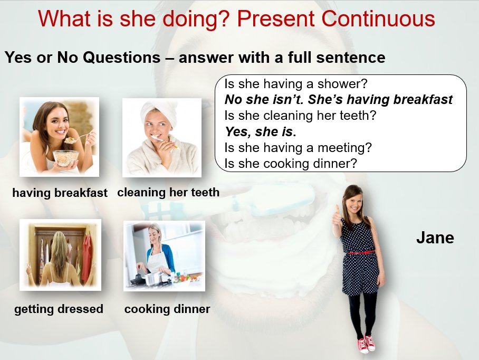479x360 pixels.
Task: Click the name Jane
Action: pyautogui.click(x=435, y=238)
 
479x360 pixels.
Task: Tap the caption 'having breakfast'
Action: pyautogui.click(x=60, y=193)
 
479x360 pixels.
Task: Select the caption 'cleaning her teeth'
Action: pyautogui.click(x=168, y=192)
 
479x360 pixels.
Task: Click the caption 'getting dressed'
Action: pyautogui.click(x=59, y=309)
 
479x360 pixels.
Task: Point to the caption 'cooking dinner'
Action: pyautogui.click(x=167, y=309)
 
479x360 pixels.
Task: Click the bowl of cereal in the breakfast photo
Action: pyautogui.click(x=66, y=158)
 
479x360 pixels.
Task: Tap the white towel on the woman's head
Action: pyautogui.click(x=159, y=111)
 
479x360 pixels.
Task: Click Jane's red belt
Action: pyautogui.click(x=361, y=252)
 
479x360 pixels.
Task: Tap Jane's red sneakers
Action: pyautogui.click(x=367, y=344)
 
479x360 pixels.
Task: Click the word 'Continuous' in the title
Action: pyautogui.click(x=378, y=19)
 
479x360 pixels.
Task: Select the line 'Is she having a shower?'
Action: pyautogui.click(x=296, y=84)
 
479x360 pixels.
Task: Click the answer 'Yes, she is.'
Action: pyautogui.click(x=261, y=132)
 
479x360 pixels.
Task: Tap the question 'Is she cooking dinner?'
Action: pyautogui.click(x=291, y=164)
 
